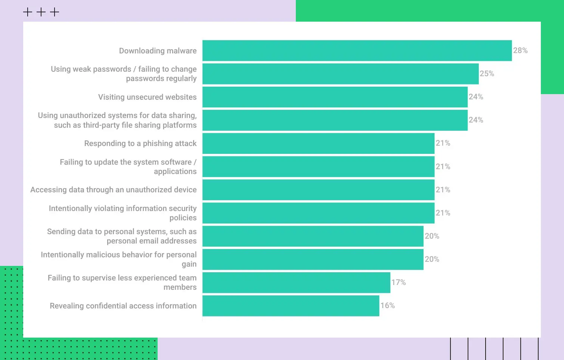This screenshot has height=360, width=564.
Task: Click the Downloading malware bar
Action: (x=357, y=50)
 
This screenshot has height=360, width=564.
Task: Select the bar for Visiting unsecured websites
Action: (x=335, y=97)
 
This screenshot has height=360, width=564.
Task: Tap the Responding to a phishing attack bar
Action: (x=318, y=143)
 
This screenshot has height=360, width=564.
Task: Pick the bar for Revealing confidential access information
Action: (x=291, y=306)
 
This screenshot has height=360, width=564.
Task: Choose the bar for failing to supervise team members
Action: (x=296, y=283)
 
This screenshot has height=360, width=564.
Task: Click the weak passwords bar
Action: (x=340, y=74)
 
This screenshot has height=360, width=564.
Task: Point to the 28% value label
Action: (x=520, y=50)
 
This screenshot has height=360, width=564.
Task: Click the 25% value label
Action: (x=487, y=74)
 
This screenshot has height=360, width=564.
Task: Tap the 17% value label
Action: (x=398, y=282)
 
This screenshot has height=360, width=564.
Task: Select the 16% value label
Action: (x=387, y=305)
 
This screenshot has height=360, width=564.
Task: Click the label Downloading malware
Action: (x=158, y=51)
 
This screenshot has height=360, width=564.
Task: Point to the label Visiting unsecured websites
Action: (x=147, y=97)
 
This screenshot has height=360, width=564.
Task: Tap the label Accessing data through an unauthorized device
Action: (x=113, y=190)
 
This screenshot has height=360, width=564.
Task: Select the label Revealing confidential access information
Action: (x=123, y=306)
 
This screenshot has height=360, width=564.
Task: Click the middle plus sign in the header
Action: (x=41, y=12)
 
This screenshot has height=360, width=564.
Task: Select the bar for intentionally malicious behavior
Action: (x=313, y=260)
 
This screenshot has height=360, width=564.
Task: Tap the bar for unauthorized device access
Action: (x=318, y=190)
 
